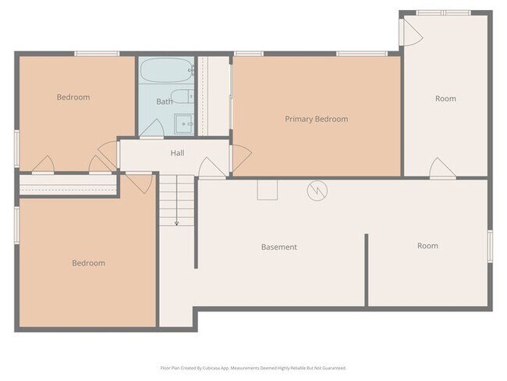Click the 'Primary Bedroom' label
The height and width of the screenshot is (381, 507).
coord(316,119)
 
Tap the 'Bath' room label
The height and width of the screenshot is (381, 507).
coord(164,101)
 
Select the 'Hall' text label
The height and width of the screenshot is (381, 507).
coord(177,153)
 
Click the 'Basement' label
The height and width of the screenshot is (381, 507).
coord(278,247)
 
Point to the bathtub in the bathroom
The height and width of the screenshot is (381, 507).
coord(165,73)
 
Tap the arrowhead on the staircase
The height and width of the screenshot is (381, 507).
coord(176,223)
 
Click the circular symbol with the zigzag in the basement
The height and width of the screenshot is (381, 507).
coord(317,190)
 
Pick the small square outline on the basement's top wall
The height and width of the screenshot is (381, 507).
coord(267,189)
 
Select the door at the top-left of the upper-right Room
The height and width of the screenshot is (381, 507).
coord(410,30)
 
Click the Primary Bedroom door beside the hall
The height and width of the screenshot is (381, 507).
coord(240,160)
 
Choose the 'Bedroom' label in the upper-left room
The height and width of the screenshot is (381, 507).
coord(73,98)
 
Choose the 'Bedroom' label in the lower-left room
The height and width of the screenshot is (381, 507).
coord(88,263)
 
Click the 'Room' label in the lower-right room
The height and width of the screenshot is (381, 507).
coord(427,246)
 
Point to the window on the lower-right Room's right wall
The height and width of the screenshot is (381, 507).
coord(490,246)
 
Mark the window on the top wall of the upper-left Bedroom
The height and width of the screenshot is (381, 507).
coord(97,53)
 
